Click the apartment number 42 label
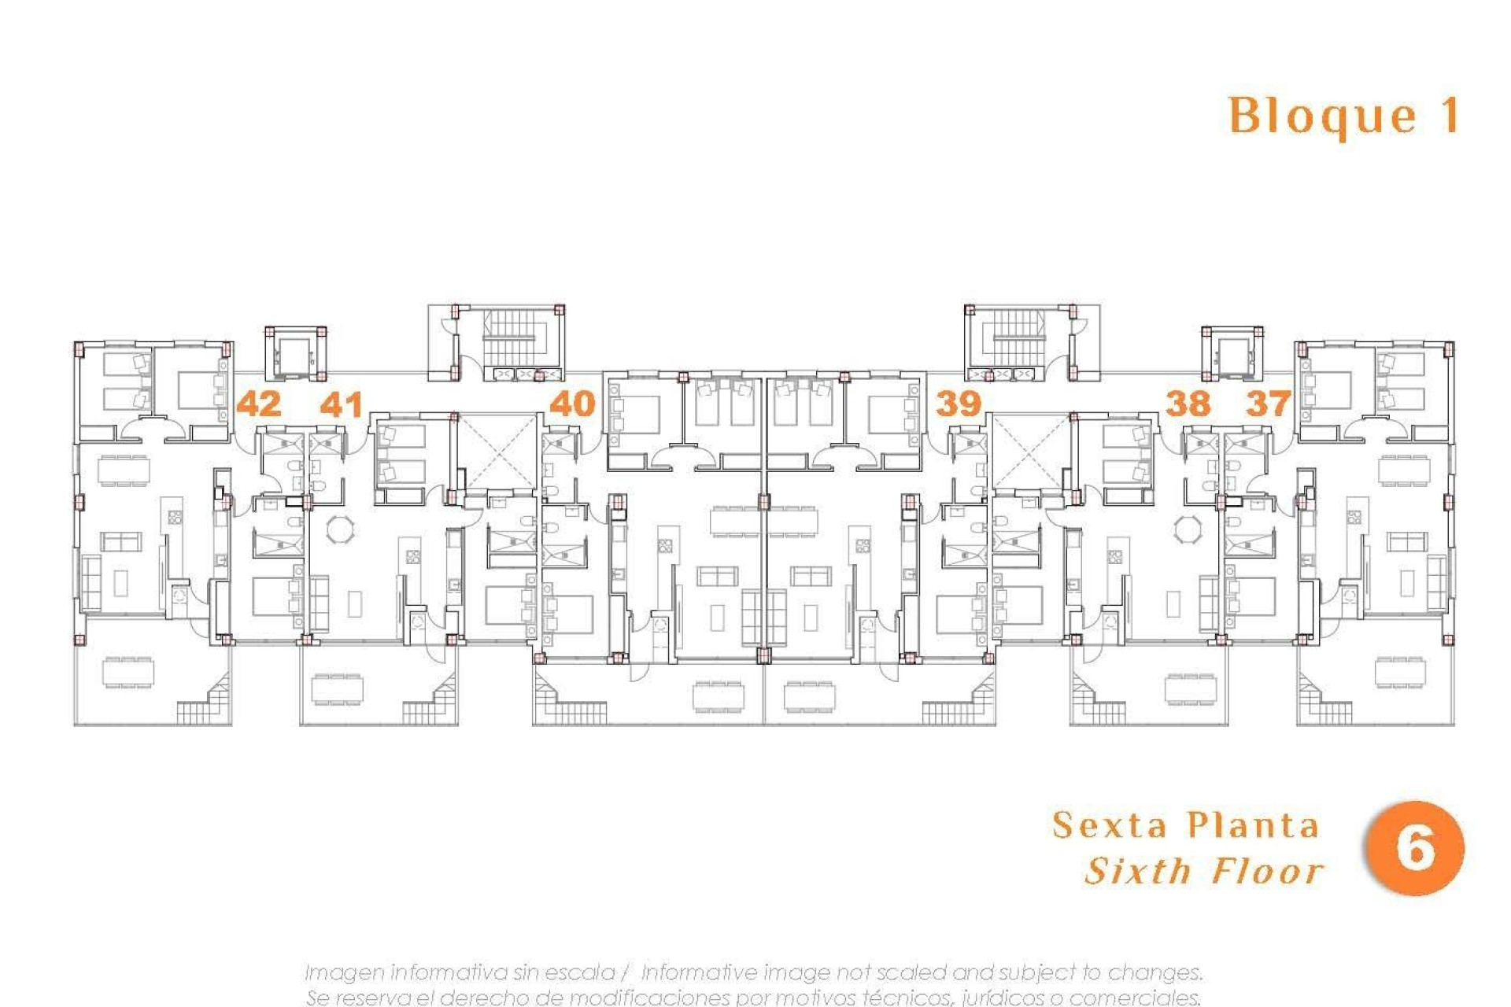click(x=259, y=404)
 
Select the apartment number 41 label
click(x=342, y=404)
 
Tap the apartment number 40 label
click(x=572, y=404)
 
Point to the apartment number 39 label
click(x=958, y=404)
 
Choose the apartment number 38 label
click(x=1188, y=404)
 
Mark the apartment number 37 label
click(x=1268, y=404)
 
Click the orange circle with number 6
click(x=1415, y=848)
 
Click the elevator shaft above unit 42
click(x=296, y=355)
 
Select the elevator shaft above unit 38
click(x=1232, y=355)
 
